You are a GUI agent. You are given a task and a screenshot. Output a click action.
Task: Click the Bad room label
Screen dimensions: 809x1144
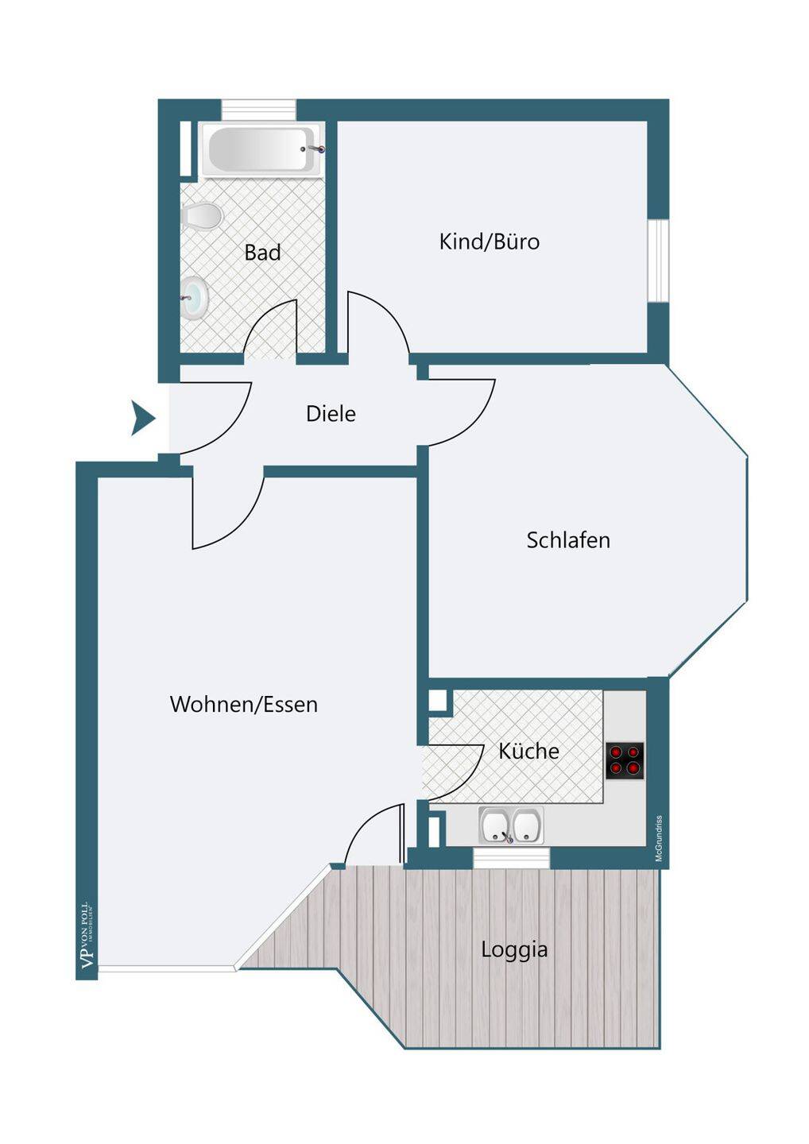262,253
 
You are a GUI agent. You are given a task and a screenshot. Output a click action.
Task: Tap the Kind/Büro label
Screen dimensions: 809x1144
490,242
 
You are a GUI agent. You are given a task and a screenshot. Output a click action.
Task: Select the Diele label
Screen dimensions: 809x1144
331,414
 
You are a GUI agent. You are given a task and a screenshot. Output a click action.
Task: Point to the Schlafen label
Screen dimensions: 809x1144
568,540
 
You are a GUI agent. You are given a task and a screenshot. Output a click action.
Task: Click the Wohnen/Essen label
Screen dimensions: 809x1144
244,704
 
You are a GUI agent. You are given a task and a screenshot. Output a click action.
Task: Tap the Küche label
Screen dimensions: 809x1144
528,751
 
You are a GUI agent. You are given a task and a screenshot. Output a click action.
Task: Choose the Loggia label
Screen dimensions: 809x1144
514,949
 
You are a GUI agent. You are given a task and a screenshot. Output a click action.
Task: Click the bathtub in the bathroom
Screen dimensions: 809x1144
262,149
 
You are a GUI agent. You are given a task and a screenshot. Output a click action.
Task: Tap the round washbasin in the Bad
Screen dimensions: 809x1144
195,298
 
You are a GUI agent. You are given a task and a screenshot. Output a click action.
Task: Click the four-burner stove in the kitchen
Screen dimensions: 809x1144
625,760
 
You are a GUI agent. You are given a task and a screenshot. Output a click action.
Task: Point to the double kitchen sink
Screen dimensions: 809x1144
511,825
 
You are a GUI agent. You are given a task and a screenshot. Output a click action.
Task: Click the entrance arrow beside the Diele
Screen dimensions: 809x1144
142,418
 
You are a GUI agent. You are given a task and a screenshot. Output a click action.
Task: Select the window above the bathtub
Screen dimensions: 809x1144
258,109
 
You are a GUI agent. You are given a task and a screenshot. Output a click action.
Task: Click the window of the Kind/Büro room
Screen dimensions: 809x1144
658,261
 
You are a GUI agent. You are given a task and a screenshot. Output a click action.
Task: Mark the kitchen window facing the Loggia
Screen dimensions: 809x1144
511,858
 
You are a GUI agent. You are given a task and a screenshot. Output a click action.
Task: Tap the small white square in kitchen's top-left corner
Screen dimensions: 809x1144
437,700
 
